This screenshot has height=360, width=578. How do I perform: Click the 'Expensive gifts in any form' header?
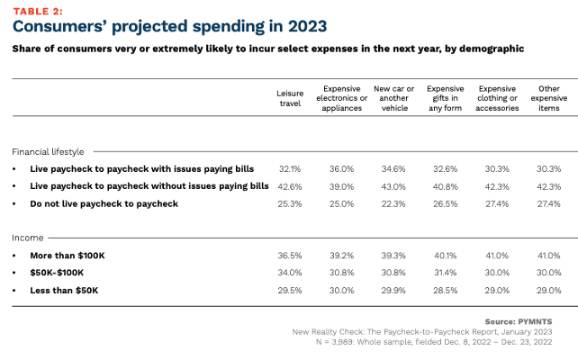pyautogui.click(x=444, y=98)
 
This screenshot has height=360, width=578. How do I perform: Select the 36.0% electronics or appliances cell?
pyautogui.click(x=341, y=168)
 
